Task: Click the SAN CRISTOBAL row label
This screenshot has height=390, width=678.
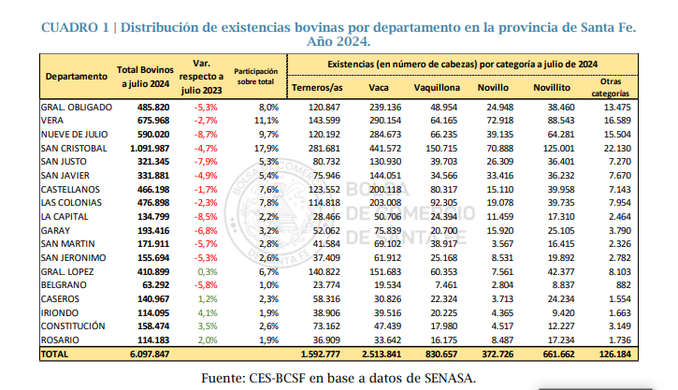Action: click(x=72, y=148)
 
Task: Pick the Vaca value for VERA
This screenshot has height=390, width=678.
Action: click(x=384, y=121)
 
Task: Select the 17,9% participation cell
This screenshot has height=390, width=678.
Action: click(x=267, y=148)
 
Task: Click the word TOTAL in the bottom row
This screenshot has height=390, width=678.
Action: click(x=54, y=355)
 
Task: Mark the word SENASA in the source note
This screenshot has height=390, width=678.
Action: click(x=445, y=377)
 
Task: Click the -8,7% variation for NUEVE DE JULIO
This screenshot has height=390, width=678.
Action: click(x=206, y=134)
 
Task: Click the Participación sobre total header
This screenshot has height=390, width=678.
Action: click(x=254, y=76)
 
